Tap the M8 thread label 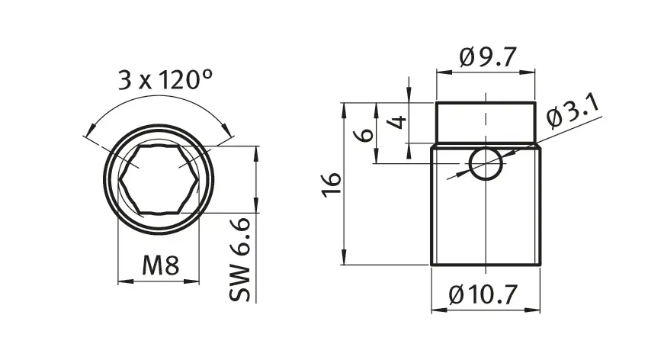coord(161,265)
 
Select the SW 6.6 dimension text coord(240,259)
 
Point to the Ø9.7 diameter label coord(488,57)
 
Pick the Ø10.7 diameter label coord(483,294)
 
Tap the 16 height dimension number coord(332,185)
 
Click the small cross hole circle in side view coord(486,163)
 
